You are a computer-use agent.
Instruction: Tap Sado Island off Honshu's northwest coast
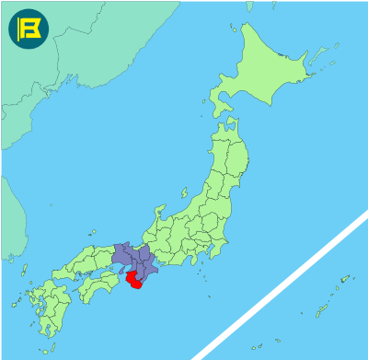(183, 195)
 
